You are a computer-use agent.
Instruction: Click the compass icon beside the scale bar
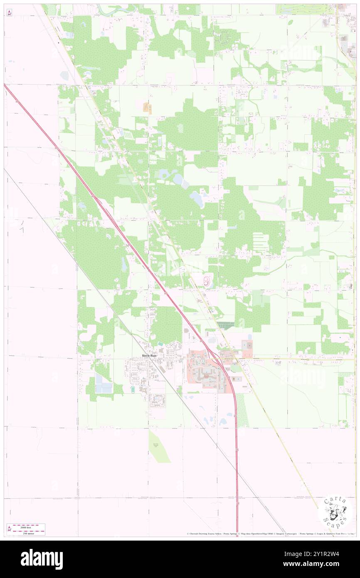click(9, 529)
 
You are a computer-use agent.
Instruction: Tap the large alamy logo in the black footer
click(41, 559)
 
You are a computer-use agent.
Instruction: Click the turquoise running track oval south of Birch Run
click(133, 389)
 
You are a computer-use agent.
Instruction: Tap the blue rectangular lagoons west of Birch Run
click(104, 383)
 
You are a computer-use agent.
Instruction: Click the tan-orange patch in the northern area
click(148, 108)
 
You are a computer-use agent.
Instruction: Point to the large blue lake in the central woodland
click(197, 199)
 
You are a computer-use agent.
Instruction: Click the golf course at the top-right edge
click(306, 9)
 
